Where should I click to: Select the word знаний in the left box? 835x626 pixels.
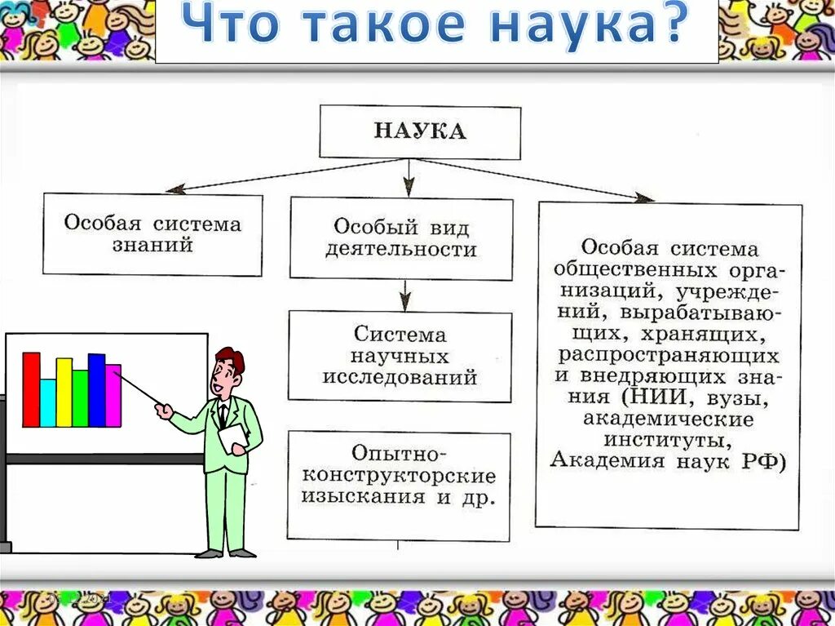(153, 245)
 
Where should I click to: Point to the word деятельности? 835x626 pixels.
(400, 249)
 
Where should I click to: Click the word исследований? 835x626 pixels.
(400, 378)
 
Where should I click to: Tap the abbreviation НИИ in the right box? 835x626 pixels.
(649, 397)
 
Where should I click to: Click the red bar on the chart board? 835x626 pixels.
(31, 389)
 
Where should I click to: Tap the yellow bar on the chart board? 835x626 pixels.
(64, 392)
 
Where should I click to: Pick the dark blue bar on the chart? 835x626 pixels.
(96, 390)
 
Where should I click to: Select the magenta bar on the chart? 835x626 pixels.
(113, 395)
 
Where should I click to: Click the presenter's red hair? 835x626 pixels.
(232, 357)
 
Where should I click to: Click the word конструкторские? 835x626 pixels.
(400, 475)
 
